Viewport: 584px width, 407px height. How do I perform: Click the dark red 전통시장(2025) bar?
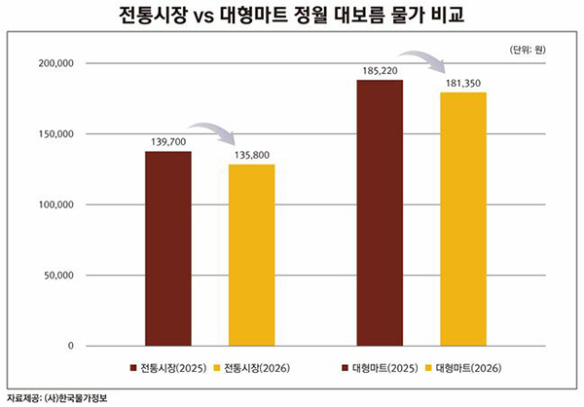[x=168, y=248]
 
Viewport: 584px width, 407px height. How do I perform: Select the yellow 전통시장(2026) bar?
[x=252, y=255]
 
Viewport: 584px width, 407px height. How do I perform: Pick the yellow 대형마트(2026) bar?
[x=463, y=218]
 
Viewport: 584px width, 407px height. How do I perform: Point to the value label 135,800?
[x=252, y=154]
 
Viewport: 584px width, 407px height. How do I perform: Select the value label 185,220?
[x=380, y=71]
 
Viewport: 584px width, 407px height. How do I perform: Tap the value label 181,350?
[x=463, y=83]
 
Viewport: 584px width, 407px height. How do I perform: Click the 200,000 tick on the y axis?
[x=55, y=63]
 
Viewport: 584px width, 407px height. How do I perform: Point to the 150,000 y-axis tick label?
[x=55, y=134]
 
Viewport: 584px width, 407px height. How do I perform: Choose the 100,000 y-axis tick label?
[x=55, y=204]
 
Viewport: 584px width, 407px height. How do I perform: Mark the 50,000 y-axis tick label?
[x=58, y=276]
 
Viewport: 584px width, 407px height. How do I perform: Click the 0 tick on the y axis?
[x=71, y=346]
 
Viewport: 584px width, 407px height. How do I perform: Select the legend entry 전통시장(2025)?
[x=171, y=369]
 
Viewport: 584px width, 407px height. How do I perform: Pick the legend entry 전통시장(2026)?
[x=256, y=369]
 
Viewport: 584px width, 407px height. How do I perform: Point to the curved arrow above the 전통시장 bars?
[x=211, y=132]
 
